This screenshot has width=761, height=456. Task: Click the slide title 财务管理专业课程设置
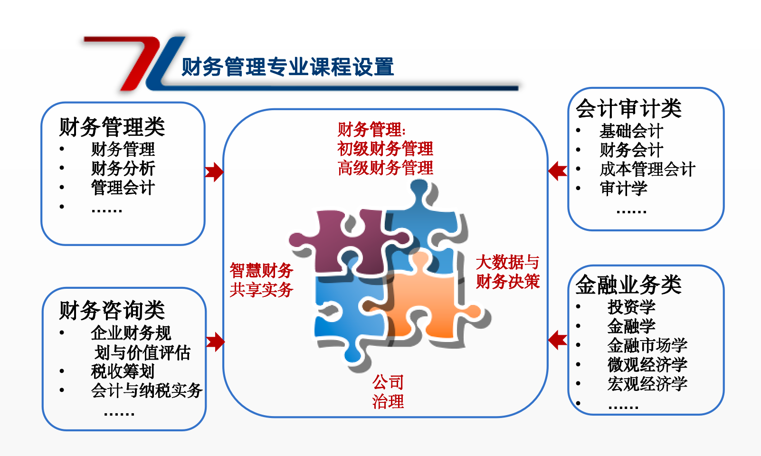tap(288, 66)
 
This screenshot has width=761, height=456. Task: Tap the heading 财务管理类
tap(112, 127)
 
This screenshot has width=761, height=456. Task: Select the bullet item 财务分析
tap(123, 168)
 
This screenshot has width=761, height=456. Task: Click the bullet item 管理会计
tap(123, 188)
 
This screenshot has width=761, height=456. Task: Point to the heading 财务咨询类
tap(112, 310)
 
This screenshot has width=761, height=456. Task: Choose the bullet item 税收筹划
tap(123, 371)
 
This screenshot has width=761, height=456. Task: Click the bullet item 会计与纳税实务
tap(147, 390)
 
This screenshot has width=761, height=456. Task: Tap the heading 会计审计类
tap(628, 108)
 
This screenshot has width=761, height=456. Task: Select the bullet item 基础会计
tap(631, 131)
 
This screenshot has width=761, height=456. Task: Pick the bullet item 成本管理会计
tap(647, 169)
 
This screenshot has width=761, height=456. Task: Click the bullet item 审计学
tap(623, 188)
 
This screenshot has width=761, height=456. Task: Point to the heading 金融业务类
tap(628, 284)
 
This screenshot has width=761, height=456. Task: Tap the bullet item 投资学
tap(631, 307)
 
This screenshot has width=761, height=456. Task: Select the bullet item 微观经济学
tap(647, 365)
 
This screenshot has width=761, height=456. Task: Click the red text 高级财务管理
tap(385, 168)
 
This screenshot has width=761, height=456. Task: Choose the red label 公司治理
tap(388, 392)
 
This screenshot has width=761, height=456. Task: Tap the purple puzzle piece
tap(343, 245)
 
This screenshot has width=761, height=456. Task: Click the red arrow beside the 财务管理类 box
tap(214, 172)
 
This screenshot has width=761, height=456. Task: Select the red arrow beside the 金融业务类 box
tap(558, 340)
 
